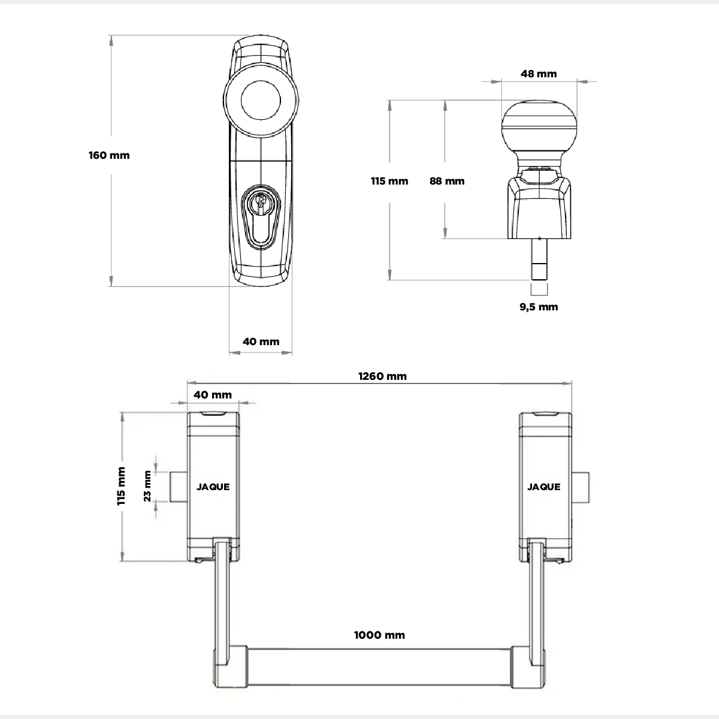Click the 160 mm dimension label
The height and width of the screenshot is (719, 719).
pos(109,155)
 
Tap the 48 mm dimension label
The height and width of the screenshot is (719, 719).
pos(539,74)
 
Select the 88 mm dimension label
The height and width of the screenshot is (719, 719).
pos(447,182)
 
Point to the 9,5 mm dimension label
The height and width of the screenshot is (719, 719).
pos(539,307)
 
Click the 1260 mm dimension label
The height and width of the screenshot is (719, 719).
pos(382,376)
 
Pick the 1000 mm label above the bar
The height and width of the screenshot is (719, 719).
pos(379,635)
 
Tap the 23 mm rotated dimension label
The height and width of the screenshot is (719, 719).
pos(147,486)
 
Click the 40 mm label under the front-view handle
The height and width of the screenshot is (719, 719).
pos(261,342)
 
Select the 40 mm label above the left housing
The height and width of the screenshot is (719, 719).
pos(213,395)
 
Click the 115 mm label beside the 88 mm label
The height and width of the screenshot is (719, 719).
pos(389,182)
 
